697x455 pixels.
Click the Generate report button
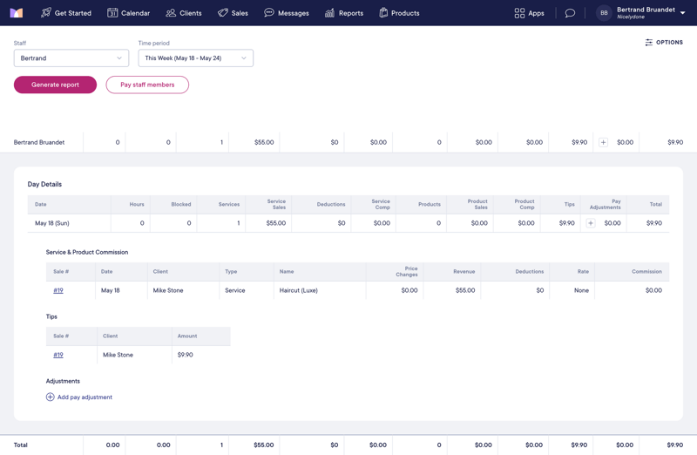(55, 85)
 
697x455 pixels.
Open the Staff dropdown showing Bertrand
(71, 58)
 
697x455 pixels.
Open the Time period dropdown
(195, 58)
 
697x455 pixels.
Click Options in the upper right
(664, 42)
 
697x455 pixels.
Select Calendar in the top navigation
(128, 13)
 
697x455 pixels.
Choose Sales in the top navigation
(233, 13)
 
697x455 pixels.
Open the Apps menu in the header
(529, 13)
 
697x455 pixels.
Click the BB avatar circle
(604, 13)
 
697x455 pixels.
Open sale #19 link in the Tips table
(58, 355)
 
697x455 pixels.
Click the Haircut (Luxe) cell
(299, 290)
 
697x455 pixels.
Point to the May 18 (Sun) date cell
(52, 223)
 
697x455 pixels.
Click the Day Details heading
(44, 184)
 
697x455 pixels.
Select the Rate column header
(583, 271)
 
